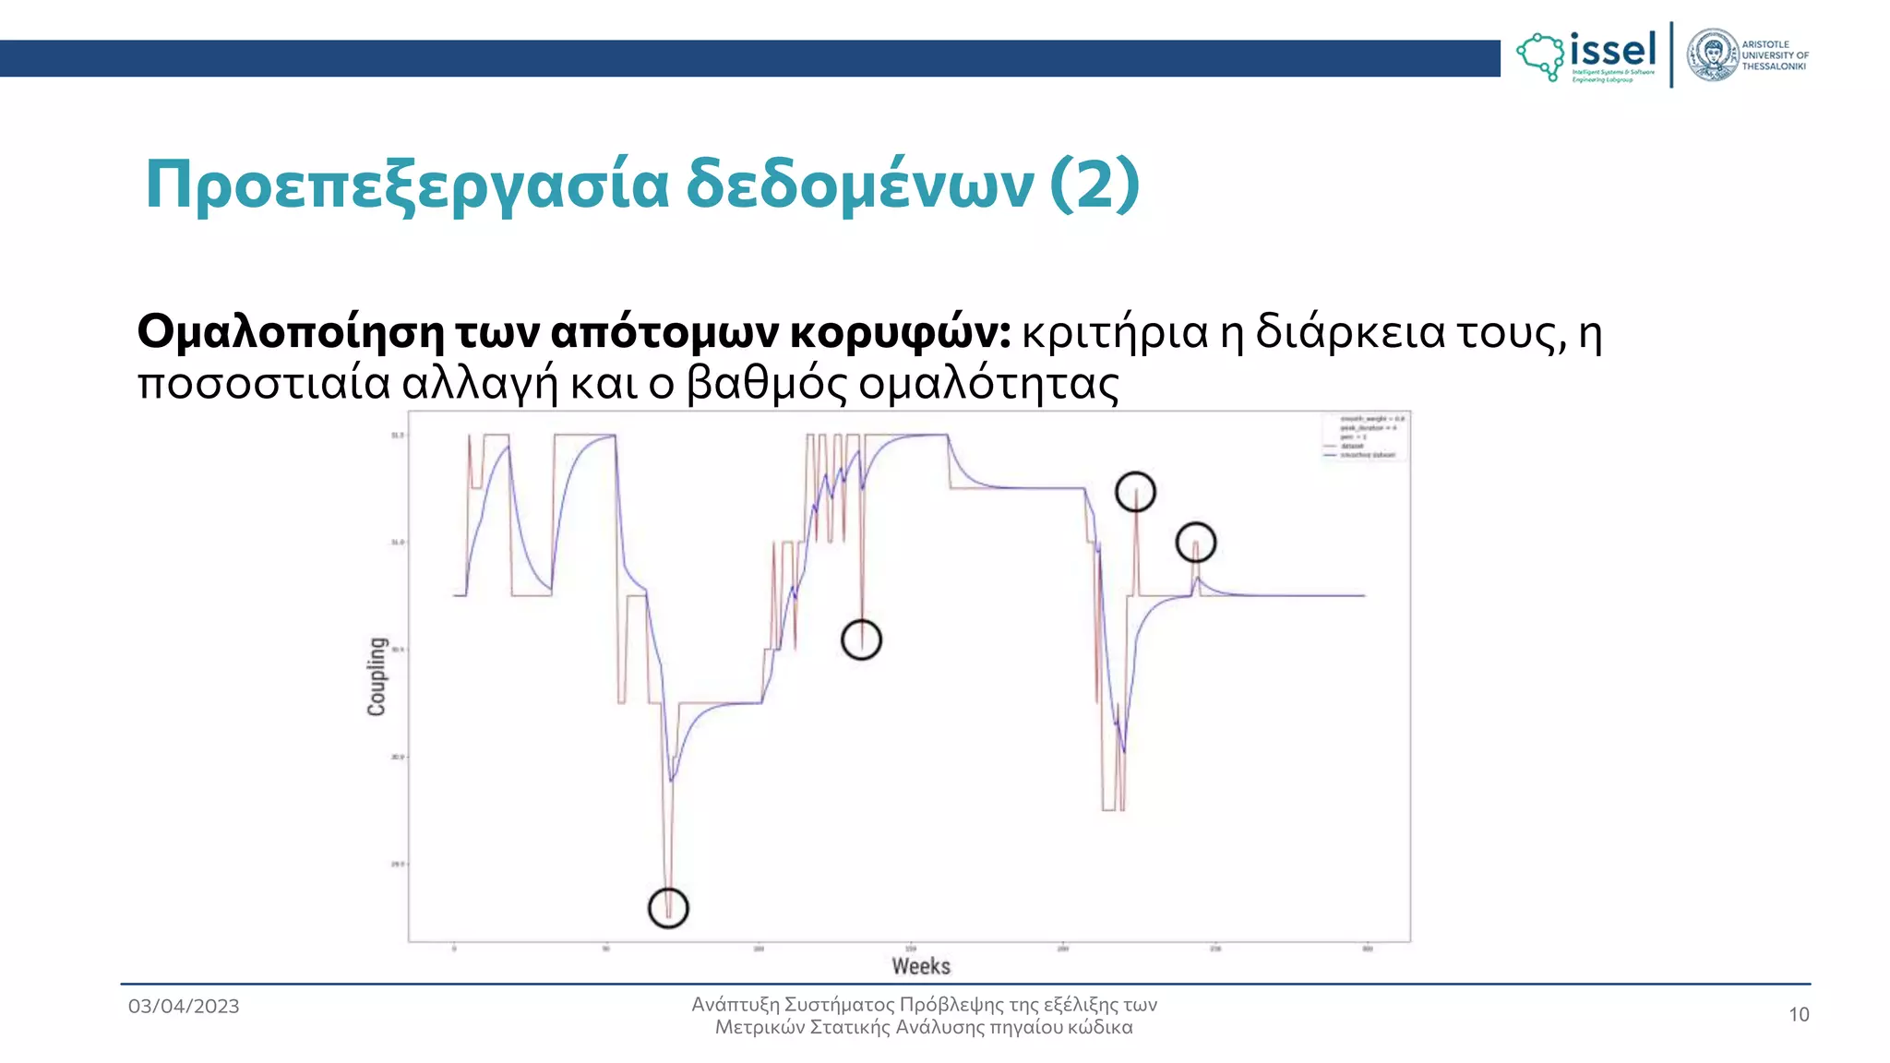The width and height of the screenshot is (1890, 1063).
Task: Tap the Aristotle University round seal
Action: coord(1713,55)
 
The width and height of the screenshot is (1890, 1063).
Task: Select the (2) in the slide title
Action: coord(1095,185)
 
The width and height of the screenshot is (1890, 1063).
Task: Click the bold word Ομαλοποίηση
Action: coord(291,332)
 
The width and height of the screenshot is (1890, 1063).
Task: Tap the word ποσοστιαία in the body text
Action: coord(264,384)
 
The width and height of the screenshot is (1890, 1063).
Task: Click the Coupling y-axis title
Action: coord(377,676)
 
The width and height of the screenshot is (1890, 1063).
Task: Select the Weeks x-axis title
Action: coord(921,966)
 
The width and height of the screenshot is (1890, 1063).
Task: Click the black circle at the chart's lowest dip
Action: coord(668,908)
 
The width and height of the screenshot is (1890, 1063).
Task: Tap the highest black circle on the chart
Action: coord(1135,492)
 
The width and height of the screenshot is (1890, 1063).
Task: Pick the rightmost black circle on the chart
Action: coord(1196,543)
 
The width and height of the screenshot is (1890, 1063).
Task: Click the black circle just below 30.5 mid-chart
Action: coord(862,639)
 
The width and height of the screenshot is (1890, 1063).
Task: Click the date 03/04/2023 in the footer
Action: coord(184,1006)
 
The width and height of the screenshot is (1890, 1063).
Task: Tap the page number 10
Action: coord(1799,1015)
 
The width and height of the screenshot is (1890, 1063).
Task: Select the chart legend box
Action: coord(1363,436)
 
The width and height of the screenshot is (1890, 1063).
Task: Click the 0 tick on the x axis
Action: coord(454,949)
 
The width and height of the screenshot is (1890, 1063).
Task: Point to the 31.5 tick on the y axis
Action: coord(398,435)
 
